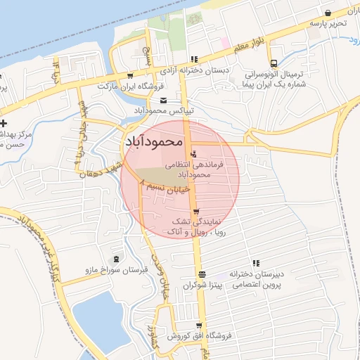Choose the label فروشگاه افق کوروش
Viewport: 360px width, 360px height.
click(x=198, y=337)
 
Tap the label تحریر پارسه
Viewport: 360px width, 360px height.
click(x=328, y=23)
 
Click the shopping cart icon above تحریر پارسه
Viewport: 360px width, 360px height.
click(x=328, y=13)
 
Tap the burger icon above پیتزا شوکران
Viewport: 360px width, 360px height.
click(x=202, y=274)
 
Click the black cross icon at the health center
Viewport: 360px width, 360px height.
click(x=4, y=124)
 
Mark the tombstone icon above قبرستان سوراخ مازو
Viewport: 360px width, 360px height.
click(x=115, y=259)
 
